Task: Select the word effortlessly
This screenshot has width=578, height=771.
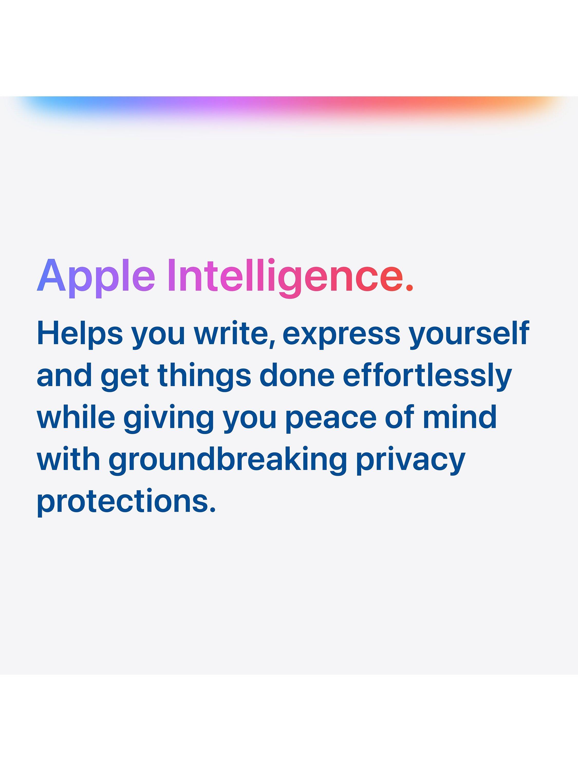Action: tap(427, 377)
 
